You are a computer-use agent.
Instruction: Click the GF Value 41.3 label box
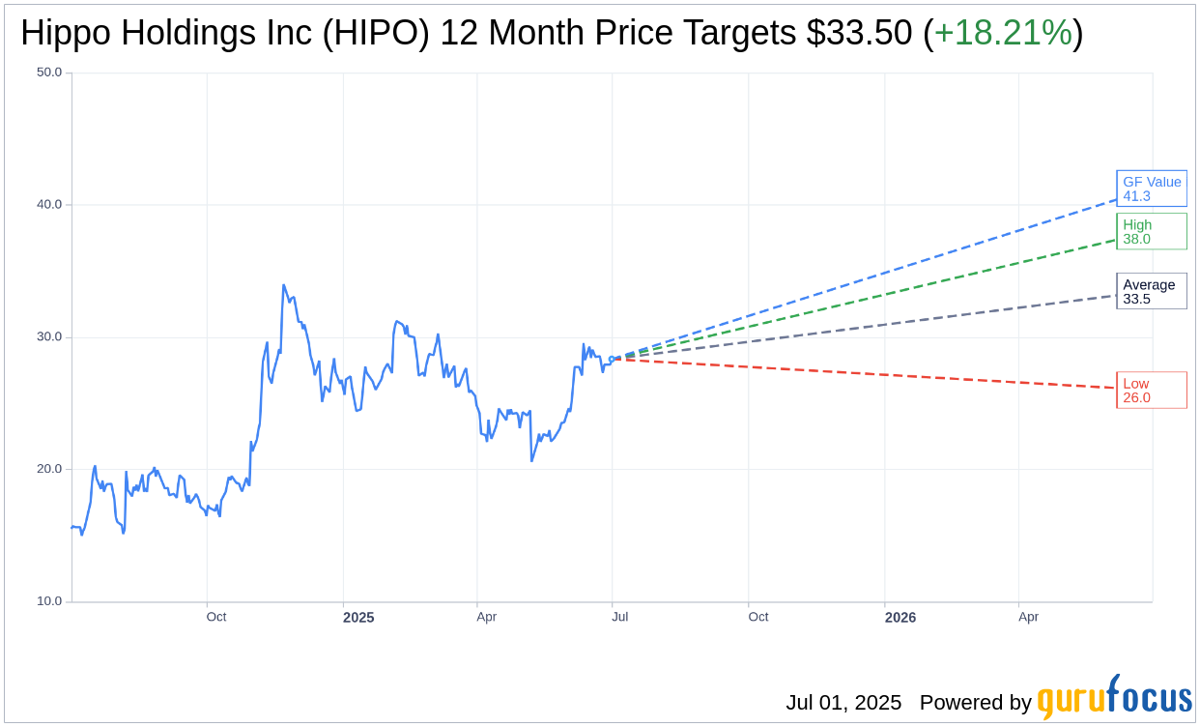click(x=1151, y=189)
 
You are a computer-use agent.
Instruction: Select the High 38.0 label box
click(x=1151, y=232)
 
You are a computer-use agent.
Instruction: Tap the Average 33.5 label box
click(x=1151, y=291)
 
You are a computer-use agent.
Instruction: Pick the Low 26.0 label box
click(x=1151, y=391)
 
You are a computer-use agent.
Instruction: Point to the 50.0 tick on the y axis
click(x=48, y=73)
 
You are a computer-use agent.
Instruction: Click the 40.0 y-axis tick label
click(x=48, y=205)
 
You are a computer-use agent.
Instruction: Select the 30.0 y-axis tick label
click(x=48, y=337)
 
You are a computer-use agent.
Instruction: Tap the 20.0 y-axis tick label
click(x=48, y=469)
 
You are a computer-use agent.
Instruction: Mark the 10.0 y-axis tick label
click(x=48, y=601)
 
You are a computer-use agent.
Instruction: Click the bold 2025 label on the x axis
click(x=358, y=617)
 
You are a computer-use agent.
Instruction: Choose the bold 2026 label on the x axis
click(x=900, y=617)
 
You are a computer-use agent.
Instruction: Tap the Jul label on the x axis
click(x=619, y=617)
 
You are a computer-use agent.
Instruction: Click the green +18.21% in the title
click(x=1003, y=34)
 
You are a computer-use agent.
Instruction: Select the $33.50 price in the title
click(x=859, y=34)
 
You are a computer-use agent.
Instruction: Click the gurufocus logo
click(x=1114, y=697)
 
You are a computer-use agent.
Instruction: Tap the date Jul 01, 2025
click(x=843, y=703)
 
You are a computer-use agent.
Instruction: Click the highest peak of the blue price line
click(x=283, y=285)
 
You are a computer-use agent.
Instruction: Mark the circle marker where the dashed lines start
click(x=612, y=359)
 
